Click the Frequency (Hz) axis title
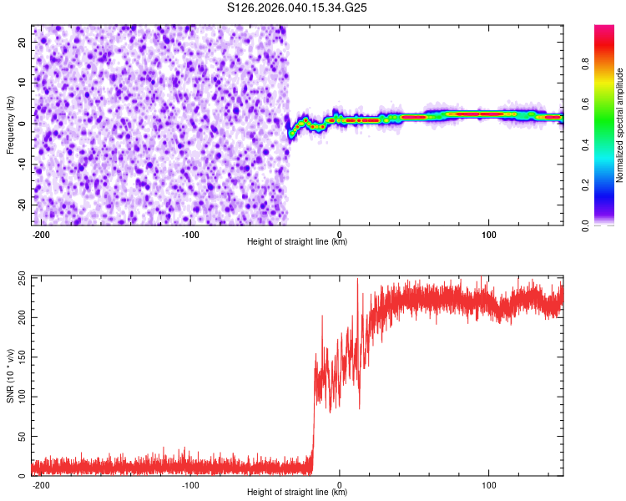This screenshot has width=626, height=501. point(10,124)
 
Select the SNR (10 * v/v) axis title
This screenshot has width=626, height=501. point(10,375)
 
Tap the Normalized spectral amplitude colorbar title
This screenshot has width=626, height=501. point(619,125)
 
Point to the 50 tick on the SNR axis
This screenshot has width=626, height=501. point(23,437)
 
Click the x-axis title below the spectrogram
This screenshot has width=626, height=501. point(297,243)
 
